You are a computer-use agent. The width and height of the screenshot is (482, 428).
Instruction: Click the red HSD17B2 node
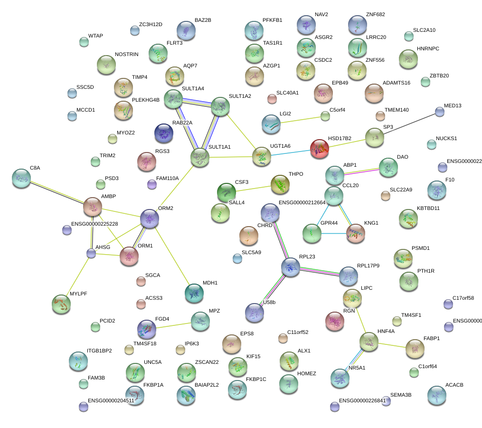pyautogui.click(x=320, y=149)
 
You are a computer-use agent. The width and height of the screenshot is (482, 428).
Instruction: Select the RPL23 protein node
pyautogui.click(x=290, y=267)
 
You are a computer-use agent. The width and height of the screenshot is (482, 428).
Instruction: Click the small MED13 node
pyautogui.click(x=440, y=112)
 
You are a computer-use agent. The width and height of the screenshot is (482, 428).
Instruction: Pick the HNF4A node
pyautogui.click(x=369, y=341)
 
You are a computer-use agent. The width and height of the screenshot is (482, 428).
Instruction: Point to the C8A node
pyautogui.click(x=21, y=178)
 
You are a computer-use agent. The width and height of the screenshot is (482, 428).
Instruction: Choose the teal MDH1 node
pyautogui.click(x=194, y=293)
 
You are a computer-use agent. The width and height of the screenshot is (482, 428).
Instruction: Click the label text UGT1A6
pyautogui.click(x=280, y=146)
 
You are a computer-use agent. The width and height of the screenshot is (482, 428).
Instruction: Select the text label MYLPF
pyautogui.click(x=78, y=294)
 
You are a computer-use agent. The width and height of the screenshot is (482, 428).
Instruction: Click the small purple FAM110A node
pyautogui.click(x=152, y=184)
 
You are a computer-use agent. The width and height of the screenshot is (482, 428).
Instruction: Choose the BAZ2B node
pyautogui.click(x=186, y=30)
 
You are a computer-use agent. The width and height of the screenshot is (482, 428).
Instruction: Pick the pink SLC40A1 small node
pyautogui.click(x=272, y=99)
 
